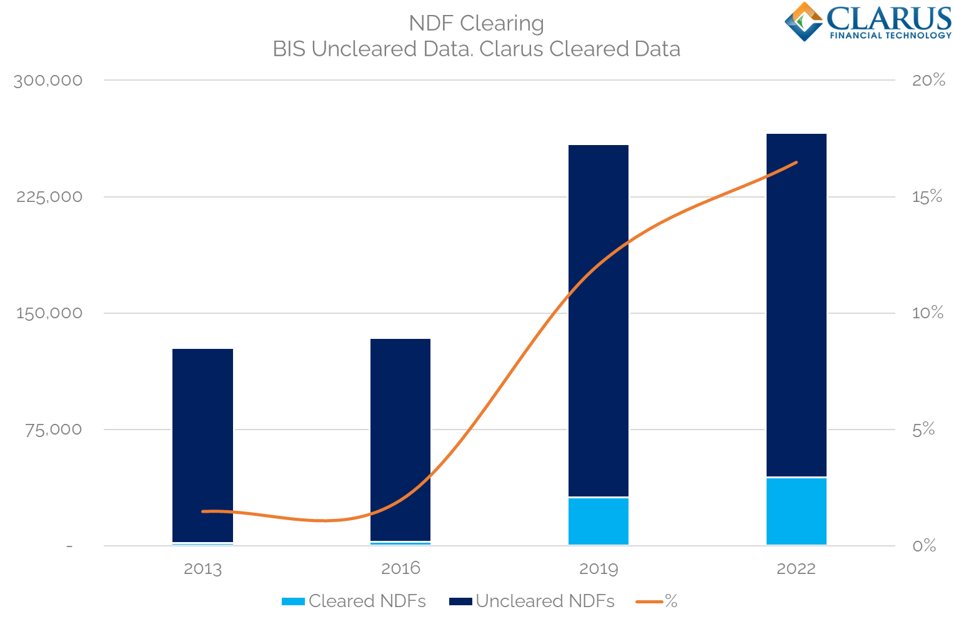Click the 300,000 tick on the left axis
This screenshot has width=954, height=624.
[x=48, y=81]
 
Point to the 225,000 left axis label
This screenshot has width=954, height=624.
[x=49, y=197]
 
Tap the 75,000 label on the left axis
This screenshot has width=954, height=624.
[x=53, y=430]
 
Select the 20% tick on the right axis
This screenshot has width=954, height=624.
[x=928, y=80]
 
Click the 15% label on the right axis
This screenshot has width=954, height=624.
[x=927, y=197]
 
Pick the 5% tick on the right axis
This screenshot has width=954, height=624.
[x=923, y=430]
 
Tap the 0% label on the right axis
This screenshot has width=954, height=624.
[x=923, y=546]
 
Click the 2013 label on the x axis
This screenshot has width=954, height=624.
[x=202, y=569]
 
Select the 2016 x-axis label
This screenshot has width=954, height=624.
[x=400, y=569]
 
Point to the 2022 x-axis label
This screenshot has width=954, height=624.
[x=796, y=569]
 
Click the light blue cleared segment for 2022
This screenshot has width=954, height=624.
[x=796, y=511]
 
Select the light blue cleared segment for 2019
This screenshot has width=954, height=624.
[x=598, y=521]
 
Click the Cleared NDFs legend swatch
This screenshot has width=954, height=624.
[x=293, y=601]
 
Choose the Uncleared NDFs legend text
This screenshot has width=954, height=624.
[x=545, y=601]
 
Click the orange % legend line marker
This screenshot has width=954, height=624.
[x=648, y=601]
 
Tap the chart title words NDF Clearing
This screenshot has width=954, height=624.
[x=476, y=24]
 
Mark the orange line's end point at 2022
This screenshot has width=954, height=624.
[x=797, y=163]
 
